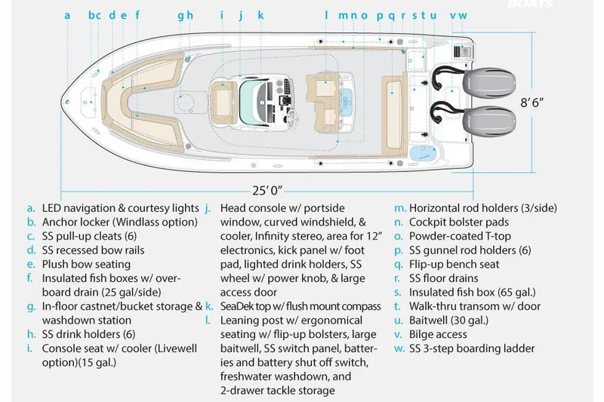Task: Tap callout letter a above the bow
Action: click(67, 15)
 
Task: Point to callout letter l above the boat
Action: click(326, 15)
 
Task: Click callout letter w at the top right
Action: click(464, 15)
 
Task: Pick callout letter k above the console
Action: click(260, 15)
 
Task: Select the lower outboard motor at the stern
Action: click(477, 120)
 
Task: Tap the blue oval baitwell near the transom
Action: click(418, 155)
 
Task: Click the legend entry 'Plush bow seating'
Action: click(86, 264)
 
